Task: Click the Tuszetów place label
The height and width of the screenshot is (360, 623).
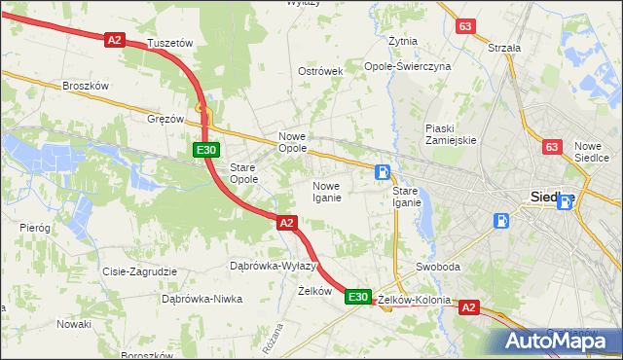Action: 170,44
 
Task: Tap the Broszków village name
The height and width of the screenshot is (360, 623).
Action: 85,85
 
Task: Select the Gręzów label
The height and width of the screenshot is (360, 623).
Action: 165,119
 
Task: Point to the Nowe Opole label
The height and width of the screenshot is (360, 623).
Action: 293,142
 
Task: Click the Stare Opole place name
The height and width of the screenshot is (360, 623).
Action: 242,173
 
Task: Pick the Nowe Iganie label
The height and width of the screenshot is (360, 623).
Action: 326,192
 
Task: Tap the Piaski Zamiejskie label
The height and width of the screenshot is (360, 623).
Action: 450,133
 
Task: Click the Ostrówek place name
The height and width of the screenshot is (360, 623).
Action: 321,72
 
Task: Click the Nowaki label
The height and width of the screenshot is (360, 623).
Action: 73,323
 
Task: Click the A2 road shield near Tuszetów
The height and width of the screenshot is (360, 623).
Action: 115,39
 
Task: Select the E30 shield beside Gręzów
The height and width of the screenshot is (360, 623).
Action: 204,150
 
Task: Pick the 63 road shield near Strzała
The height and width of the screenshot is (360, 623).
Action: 465,26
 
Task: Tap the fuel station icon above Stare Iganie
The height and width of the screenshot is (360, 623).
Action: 385,172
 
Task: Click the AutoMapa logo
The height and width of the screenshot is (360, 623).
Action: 557,341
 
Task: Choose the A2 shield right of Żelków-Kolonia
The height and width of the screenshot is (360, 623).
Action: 468,307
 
